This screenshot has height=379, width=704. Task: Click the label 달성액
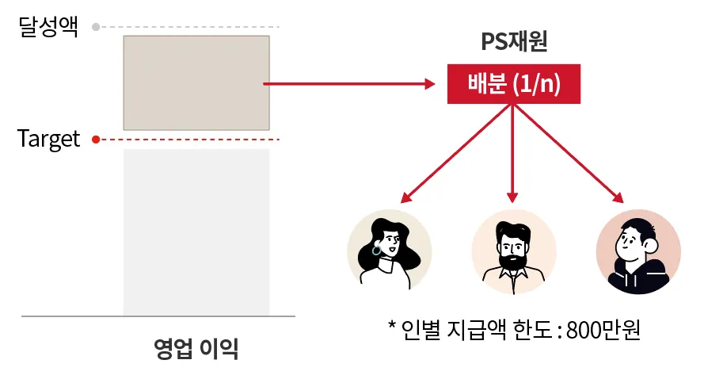(48, 29)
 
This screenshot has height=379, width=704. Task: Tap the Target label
(48, 140)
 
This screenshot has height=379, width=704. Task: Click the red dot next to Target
(96, 140)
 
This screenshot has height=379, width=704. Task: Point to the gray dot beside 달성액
(96, 27)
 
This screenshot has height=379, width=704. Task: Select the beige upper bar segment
(196, 82)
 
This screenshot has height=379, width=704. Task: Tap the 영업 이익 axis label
(196, 348)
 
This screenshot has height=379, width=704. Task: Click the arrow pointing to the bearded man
(514, 155)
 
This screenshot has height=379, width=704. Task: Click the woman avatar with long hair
(390, 251)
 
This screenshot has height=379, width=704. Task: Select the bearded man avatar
(514, 251)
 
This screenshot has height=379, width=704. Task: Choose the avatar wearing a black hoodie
(637, 251)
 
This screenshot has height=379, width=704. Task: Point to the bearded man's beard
(513, 260)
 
